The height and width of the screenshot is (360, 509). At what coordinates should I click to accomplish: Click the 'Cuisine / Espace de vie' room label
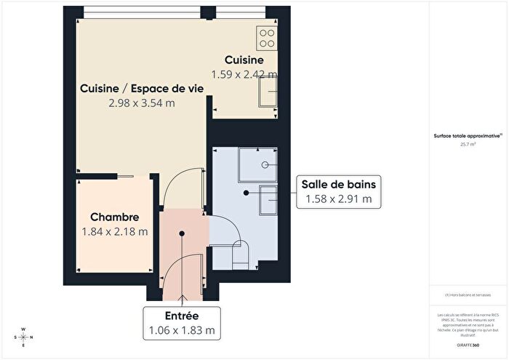141,89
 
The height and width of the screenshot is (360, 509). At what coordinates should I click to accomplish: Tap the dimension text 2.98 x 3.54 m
141,103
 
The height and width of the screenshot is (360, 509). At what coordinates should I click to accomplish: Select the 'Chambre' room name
114,217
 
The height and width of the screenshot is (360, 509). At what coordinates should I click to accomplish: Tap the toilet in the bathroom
239,254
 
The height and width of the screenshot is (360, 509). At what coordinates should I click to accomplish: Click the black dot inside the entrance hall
182,233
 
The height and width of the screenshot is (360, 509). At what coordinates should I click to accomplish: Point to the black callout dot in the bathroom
247,193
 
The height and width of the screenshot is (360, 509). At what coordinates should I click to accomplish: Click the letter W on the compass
23,329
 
